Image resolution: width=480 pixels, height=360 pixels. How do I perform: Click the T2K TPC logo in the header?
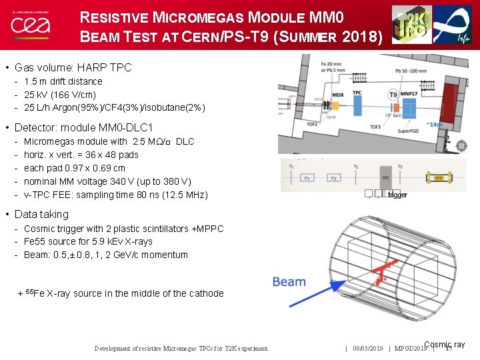coord(411,25)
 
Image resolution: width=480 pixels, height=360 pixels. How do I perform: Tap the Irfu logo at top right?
coord(453,25)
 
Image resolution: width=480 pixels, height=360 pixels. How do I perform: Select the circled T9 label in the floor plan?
coord(393,95)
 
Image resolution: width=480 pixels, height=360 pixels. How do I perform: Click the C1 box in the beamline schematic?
coord(309,178)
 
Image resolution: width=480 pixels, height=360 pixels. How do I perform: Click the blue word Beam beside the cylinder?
coord(289,282)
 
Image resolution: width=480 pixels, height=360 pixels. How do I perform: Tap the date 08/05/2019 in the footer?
coord(367,348)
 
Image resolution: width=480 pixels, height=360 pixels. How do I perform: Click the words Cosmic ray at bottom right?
coord(444,345)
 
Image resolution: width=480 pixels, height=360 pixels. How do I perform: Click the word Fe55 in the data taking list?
coord(35,241)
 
